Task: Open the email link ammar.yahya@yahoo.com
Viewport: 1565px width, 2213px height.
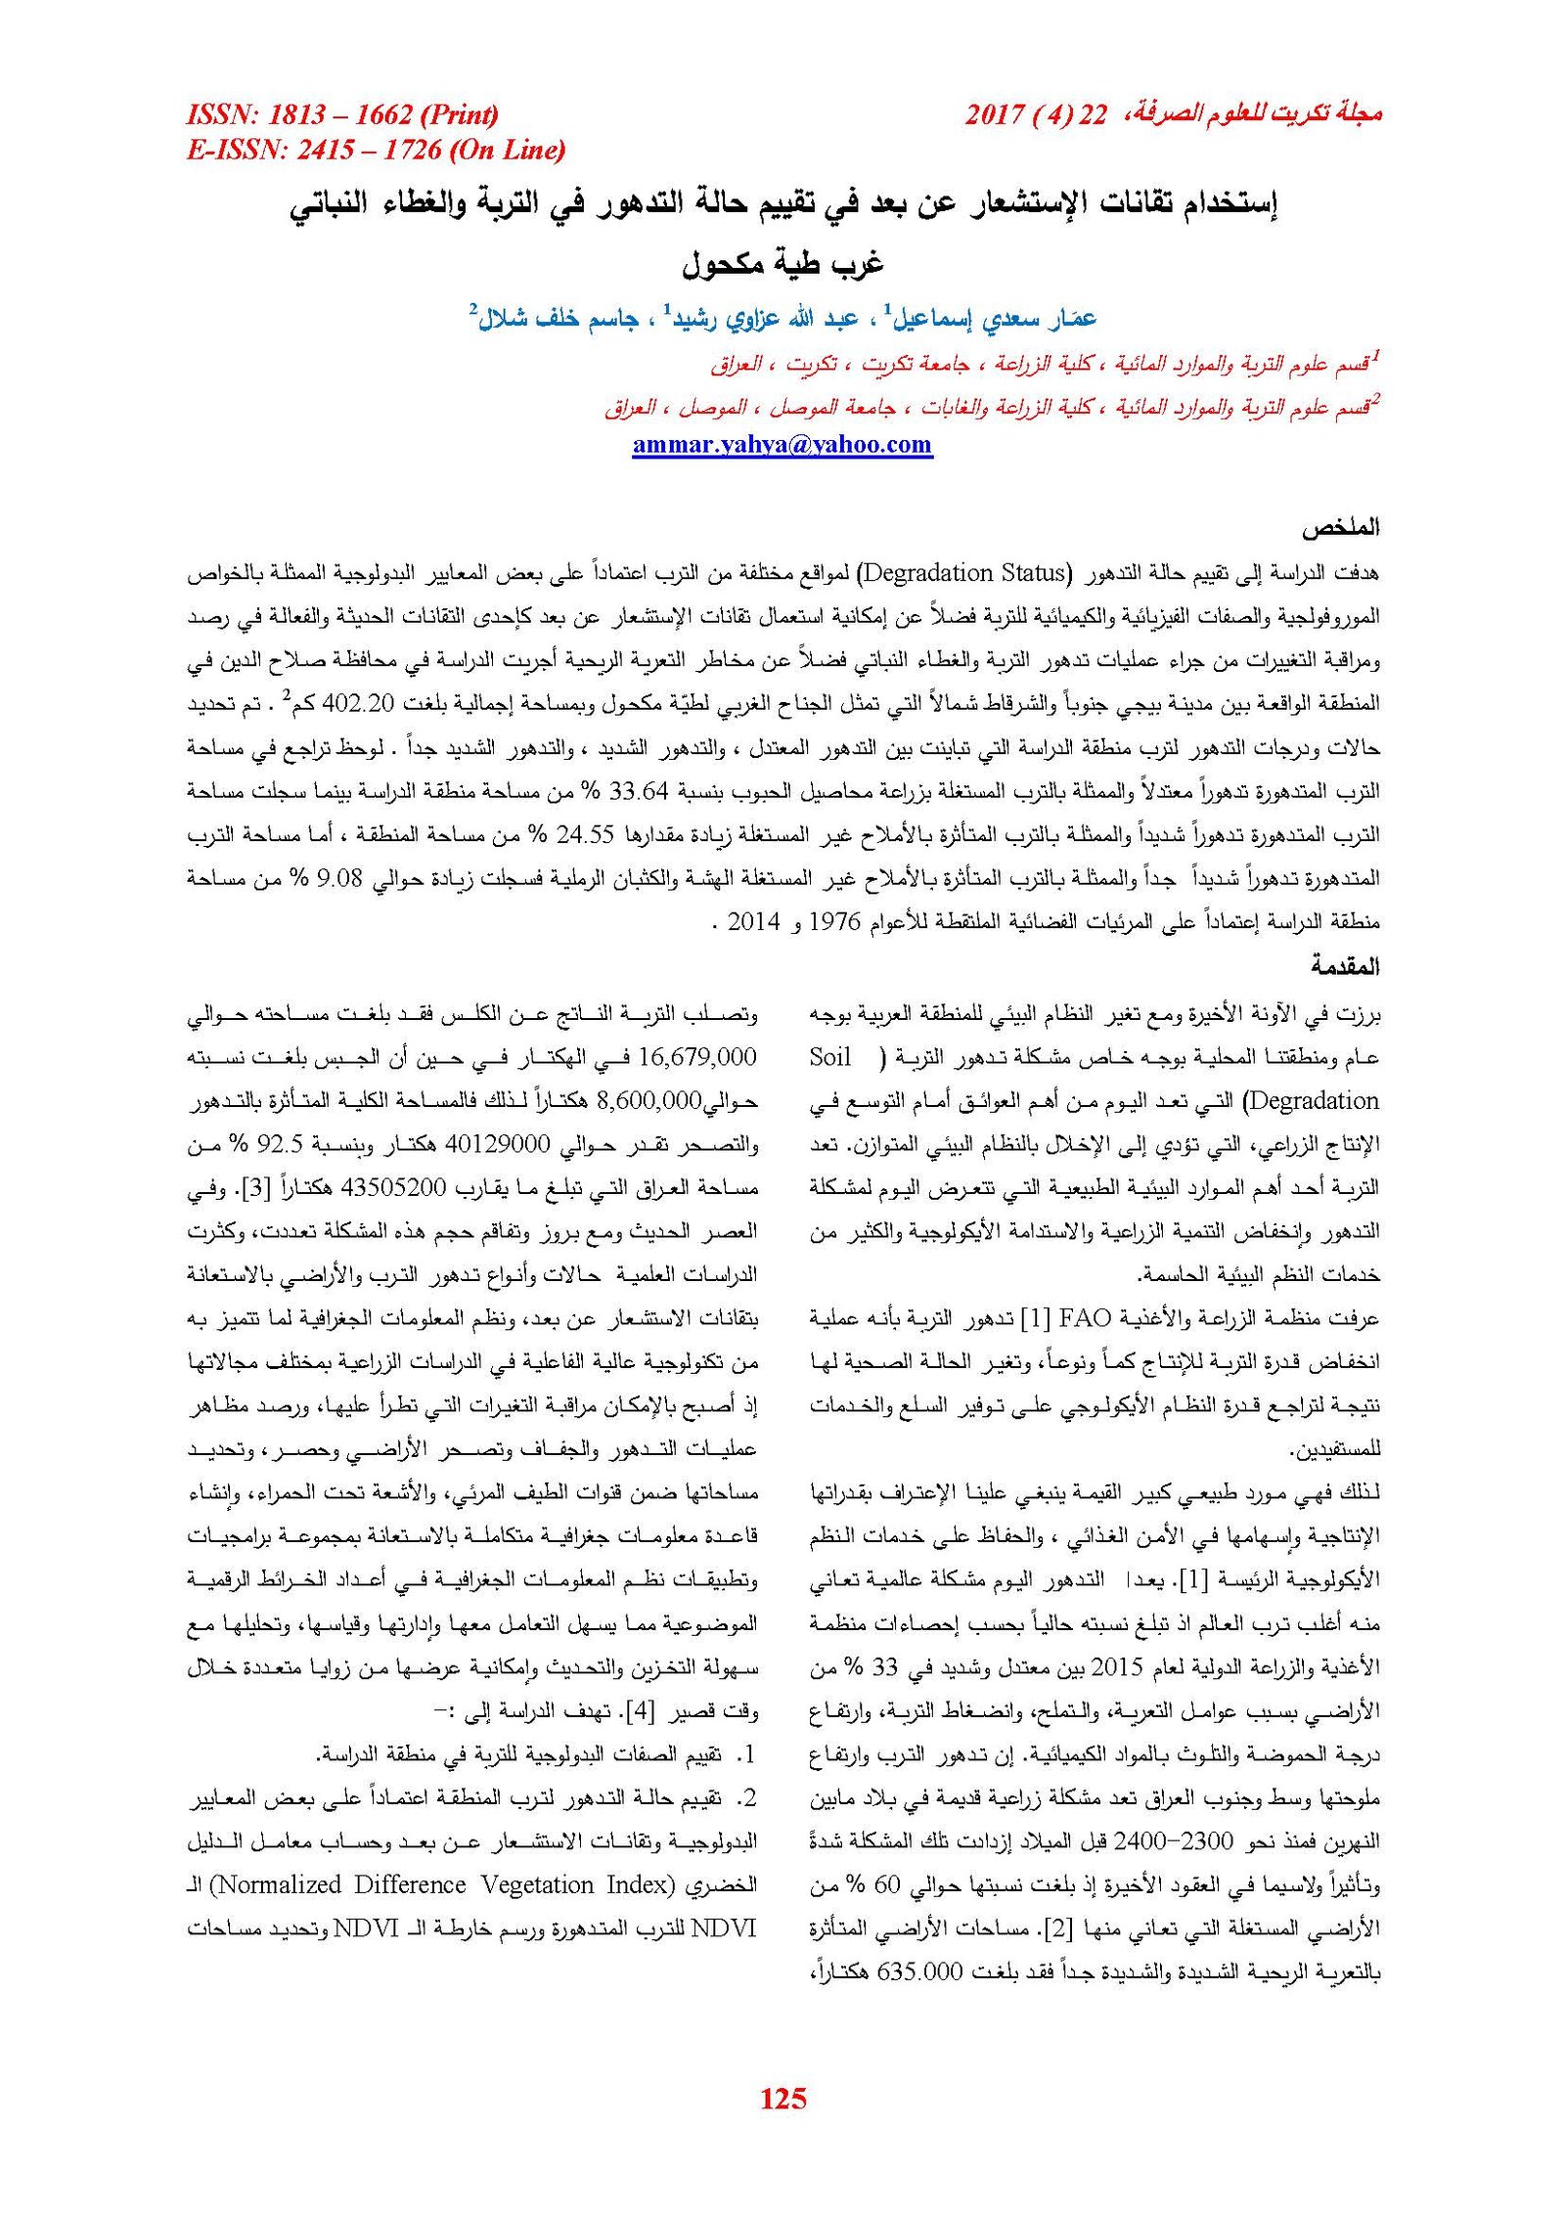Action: [x=782, y=445]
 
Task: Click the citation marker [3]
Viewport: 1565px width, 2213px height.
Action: [x=256, y=1188]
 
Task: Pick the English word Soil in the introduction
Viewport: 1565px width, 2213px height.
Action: [x=830, y=1057]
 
